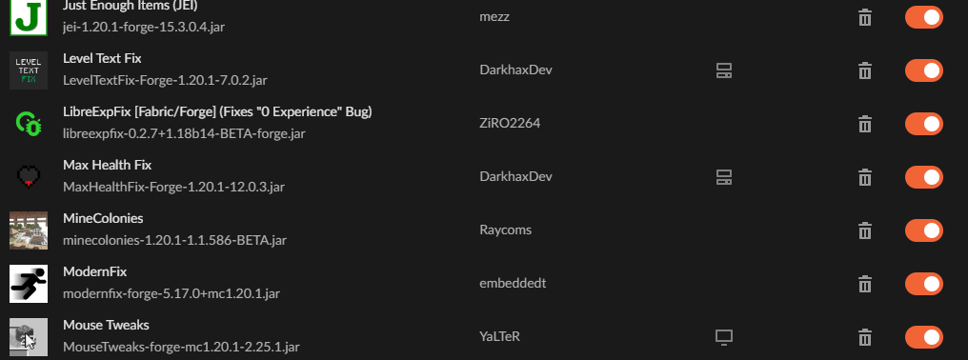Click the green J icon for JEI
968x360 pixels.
tap(28, 18)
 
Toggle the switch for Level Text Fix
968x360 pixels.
tap(924, 70)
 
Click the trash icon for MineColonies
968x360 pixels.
tap(865, 230)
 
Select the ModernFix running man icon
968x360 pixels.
tap(29, 284)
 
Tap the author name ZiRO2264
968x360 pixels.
tap(510, 123)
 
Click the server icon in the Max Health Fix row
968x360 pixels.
tap(723, 177)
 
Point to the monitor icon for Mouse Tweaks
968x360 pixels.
tap(723, 337)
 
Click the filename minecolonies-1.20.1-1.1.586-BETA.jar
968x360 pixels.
tap(174, 240)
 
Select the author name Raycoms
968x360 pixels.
tap(505, 230)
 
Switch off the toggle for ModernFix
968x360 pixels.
tap(924, 284)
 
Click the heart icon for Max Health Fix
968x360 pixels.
tap(29, 176)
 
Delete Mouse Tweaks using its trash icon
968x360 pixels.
tap(865, 337)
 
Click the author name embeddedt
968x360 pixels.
tap(513, 283)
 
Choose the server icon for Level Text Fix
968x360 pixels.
tap(723, 70)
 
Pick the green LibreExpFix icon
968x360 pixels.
tap(29, 124)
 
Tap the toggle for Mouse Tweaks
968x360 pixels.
tap(924, 337)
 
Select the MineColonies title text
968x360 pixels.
tap(103, 219)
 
